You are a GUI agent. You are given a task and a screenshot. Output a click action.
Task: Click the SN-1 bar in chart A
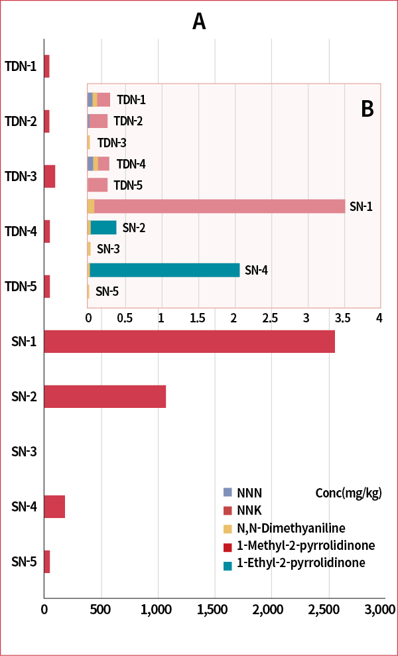point(189,342)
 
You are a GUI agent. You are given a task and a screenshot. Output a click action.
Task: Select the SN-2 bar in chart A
point(105,397)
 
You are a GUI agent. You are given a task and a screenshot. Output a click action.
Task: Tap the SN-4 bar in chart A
point(54,507)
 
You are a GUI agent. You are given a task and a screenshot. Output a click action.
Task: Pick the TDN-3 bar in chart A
point(50,177)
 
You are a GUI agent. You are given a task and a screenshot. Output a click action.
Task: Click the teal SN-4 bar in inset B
point(165,270)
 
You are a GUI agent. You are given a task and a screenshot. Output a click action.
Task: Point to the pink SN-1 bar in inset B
point(219,206)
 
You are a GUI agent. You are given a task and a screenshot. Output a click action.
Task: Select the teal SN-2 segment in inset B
point(103,228)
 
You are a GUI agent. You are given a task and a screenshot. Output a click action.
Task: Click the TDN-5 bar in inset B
point(98,185)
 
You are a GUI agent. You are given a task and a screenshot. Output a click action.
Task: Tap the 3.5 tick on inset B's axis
point(342,318)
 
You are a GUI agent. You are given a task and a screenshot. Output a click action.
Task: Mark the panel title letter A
point(199,21)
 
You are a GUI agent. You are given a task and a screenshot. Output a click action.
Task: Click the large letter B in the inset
point(367,109)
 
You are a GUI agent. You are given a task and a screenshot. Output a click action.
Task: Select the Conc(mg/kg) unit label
point(348,493)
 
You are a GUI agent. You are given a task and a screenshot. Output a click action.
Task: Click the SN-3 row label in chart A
point(24,452)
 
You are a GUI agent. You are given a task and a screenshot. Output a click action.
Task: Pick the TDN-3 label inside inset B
point(111,143)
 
